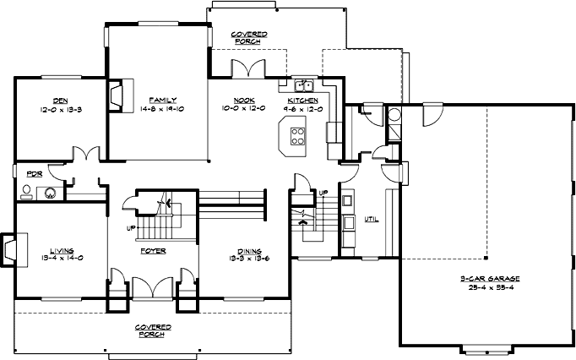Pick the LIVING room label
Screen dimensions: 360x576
(61, 250)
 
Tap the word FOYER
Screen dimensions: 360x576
(153, 251)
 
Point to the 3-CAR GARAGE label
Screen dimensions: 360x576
(490, 278)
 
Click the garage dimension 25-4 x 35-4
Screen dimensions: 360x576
(490, 286)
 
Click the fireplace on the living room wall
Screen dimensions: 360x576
(9, 248)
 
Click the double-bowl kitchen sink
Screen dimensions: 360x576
(304, 85)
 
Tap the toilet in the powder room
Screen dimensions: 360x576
(26, 191)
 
